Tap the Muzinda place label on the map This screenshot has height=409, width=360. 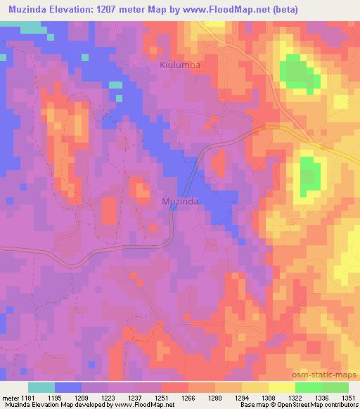tap(179, 201)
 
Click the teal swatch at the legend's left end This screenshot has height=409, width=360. tap(41, 387)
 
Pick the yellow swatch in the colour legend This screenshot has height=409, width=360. tap(281, 387)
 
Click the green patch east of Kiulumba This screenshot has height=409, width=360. tap(296, 72)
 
